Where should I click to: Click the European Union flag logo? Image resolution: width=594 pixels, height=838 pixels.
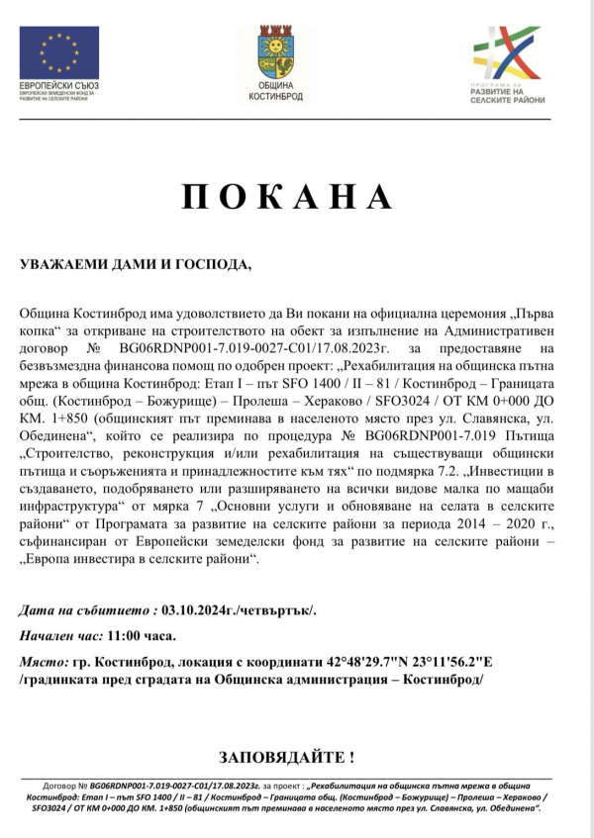tap(59, 52)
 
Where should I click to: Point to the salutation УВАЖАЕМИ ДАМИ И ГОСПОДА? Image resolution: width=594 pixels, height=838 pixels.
tap(137, 265)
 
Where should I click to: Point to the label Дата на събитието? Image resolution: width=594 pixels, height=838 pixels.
tap(87, 610)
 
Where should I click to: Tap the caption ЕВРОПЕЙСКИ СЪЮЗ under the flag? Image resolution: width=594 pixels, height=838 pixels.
tap(59, 86)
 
